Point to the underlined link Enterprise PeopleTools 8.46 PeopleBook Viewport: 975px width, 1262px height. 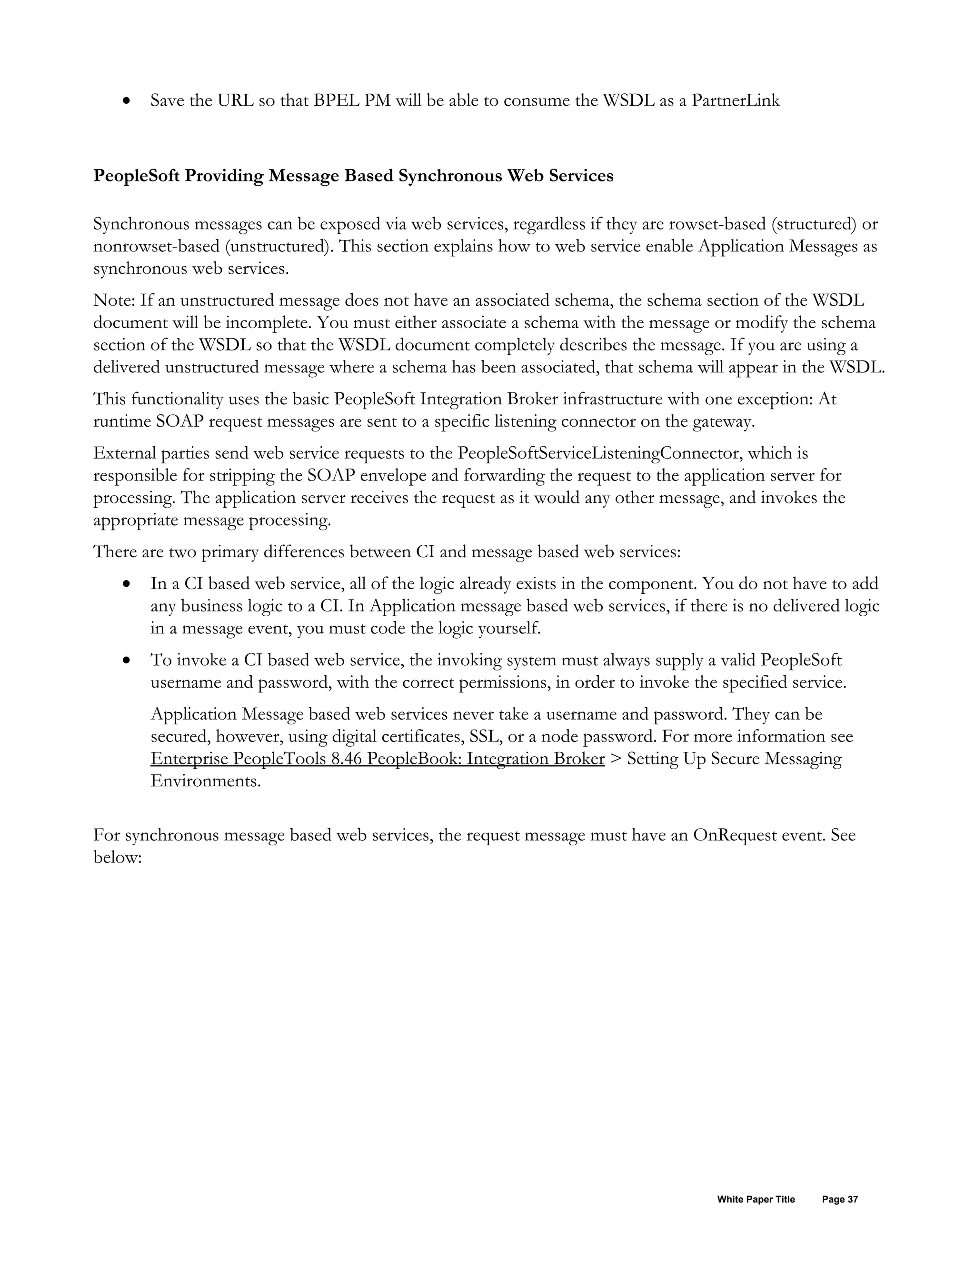point(377,759)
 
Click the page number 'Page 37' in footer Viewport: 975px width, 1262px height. point(840,1200)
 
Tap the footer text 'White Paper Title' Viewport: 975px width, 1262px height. point(756,1200)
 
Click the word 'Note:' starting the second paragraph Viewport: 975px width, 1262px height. point(114,300)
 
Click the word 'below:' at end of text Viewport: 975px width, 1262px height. point(117,858)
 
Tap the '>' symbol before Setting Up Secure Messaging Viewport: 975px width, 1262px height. point(615,759)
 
